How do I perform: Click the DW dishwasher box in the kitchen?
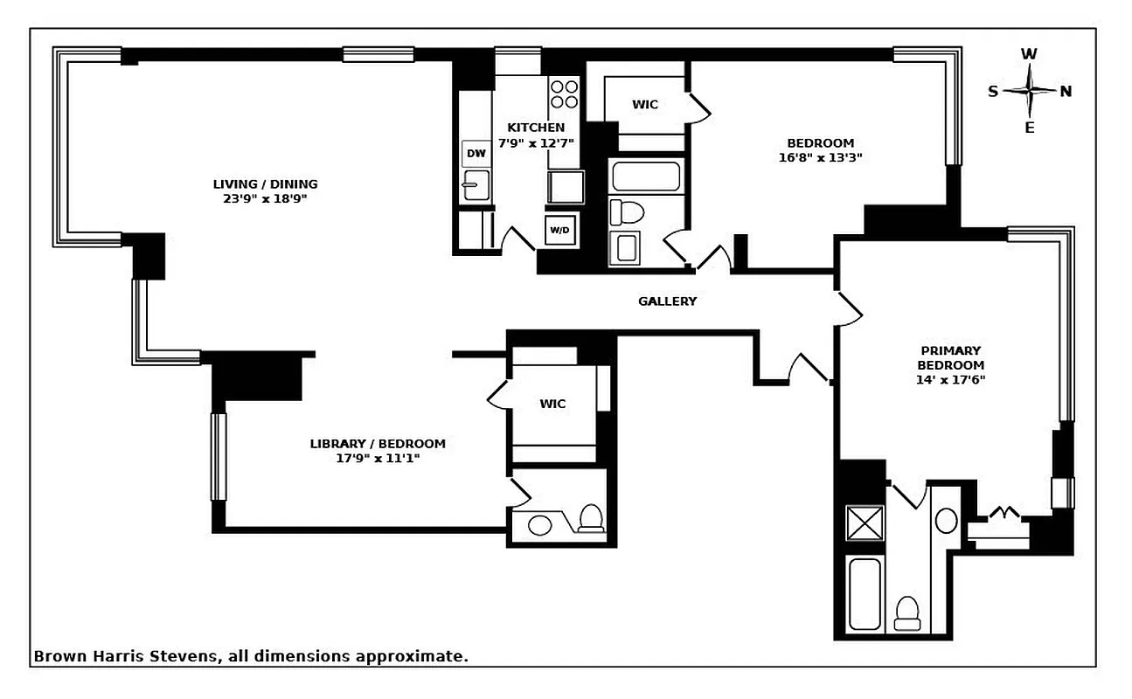476,154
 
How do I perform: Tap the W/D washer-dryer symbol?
559,231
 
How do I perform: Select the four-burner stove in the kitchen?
565,93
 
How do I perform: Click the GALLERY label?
667,301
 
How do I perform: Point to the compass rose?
1030,91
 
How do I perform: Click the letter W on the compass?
1030,54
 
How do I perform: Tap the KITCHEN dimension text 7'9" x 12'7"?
536,142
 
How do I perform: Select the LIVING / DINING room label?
265,184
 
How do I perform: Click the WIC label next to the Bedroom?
645,105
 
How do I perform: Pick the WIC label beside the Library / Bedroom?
552,404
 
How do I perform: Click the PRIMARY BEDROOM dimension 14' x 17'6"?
950,379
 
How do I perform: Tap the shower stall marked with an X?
865,523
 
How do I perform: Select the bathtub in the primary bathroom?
865,594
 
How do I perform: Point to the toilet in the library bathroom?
592,518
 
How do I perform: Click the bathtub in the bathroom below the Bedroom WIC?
645,176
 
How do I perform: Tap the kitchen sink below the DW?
476,185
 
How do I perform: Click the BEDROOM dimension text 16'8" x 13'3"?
820,158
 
